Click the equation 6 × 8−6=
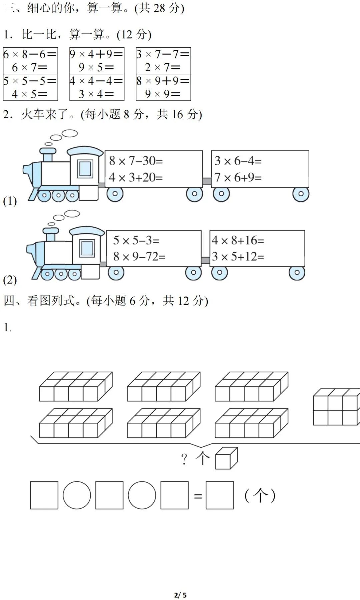30,54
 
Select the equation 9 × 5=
96,68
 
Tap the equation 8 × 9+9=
163,81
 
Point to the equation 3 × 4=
96,94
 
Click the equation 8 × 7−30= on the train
136,161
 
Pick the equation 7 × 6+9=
238,178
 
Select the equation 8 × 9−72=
139,257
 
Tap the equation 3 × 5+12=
238,257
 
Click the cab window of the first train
85,169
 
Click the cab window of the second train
87,248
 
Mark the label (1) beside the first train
10,201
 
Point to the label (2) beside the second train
10,280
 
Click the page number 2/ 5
180,595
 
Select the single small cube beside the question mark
226,459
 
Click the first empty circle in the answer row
77,495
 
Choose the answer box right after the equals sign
220,495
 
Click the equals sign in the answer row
198,496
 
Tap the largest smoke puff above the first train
69,133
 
